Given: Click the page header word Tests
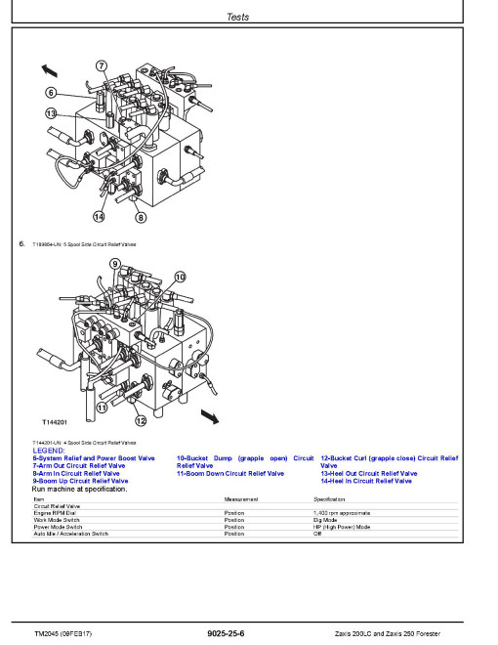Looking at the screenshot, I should point(237,17).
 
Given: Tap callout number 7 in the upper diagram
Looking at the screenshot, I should point(102,65).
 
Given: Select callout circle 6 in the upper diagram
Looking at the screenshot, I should point(51,93).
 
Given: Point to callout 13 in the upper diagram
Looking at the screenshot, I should point(51,113).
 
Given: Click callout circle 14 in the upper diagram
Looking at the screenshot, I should point(99,216).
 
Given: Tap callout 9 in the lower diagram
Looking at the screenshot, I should point(115,264).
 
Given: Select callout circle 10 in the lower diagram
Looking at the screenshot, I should point(179,277).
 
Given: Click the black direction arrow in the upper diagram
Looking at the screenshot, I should point(49,71).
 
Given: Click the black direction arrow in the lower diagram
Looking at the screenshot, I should point(207,417).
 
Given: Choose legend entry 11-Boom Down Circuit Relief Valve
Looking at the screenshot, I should point(230,474).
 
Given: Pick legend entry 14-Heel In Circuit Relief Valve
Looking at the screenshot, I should point(366,481).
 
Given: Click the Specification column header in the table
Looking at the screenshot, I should point(317,498).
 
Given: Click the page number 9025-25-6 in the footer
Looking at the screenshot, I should point(226,633).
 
